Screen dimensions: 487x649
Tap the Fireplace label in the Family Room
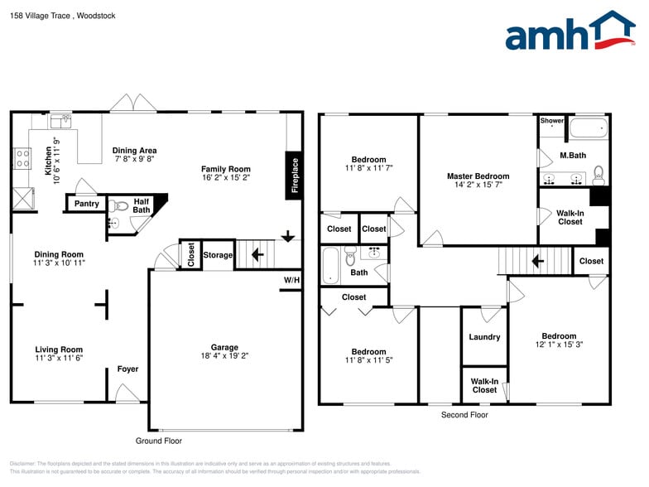point(295,176)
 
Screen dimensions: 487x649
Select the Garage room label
point(224,348)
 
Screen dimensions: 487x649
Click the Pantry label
point(87,204)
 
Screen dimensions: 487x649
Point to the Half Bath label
point(142,205)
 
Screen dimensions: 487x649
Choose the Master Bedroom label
point(478,176)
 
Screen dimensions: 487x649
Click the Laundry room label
point(484,337)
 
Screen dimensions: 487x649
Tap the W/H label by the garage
point(291,281)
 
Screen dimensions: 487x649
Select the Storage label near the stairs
point(218,255)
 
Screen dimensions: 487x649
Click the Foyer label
point(127,369)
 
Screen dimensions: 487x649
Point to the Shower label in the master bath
point(552,121)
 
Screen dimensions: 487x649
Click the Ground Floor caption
point(158,441)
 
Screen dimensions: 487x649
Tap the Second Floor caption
point(464,415)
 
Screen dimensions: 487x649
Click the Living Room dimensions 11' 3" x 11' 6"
point(59,358)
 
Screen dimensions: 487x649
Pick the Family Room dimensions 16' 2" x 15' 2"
point(226,177)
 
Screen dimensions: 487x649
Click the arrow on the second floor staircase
point(536,262)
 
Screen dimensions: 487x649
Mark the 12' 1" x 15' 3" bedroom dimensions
point(559,345)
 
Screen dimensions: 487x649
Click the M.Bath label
point(573,156)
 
